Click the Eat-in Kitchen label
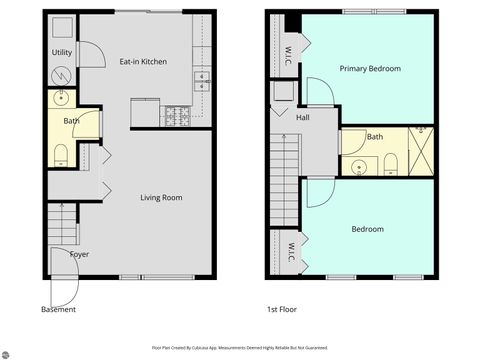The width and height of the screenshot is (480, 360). click(x=143, y=62)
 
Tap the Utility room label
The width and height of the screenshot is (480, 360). click(x=61, y=52)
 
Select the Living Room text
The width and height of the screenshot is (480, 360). click(x=160, y=198)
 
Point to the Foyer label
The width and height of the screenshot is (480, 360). click(x=79, y=254)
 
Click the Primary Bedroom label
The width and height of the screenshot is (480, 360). click(x=370, y=69)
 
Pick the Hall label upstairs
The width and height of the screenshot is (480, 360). click(x=302, y=118)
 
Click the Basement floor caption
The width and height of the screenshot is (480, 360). click(x=58, y=310)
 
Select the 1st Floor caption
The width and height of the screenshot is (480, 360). click(x=281, y=310)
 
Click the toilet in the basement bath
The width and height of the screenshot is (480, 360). click(x=61, y=154)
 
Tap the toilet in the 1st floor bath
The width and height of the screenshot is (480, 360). click(x=391, y=164)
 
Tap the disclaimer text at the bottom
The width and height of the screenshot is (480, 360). click(x=239, y=347)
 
